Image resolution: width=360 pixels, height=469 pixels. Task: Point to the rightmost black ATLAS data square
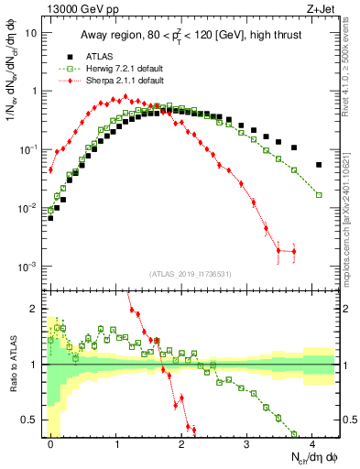coord(319,165)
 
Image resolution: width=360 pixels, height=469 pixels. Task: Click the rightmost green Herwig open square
coord(319,195)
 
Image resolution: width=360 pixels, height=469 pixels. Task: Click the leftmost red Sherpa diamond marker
coord(51,169)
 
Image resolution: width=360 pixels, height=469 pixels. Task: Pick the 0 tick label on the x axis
coord(51,443)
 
